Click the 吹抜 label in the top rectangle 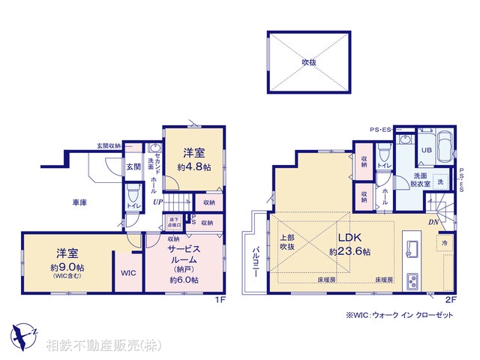click(x=309, y=62)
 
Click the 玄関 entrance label click(x=133, y=166)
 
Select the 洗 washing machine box click(x=440, y=181)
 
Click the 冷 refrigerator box click(x=444, y=244)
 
